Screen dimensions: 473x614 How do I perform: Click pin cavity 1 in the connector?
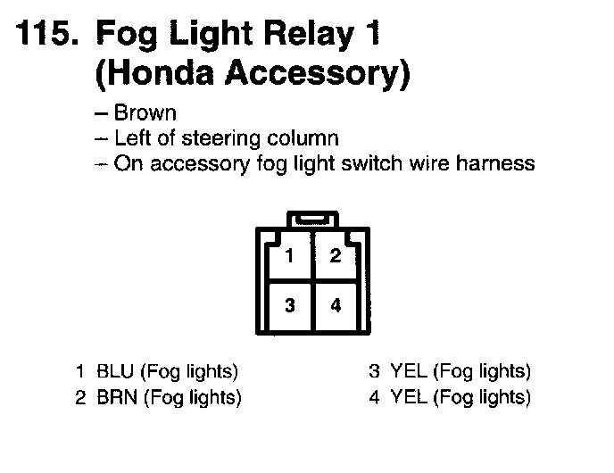tap(289, 257)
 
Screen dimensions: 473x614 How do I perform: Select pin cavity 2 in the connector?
tap(336, 257)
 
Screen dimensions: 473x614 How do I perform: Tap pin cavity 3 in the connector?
tap(289, 306)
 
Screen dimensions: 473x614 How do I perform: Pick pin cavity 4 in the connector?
tap(336, 306)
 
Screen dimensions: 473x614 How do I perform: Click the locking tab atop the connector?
tap(312, 219)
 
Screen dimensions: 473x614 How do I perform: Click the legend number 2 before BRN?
tap(79, 398)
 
